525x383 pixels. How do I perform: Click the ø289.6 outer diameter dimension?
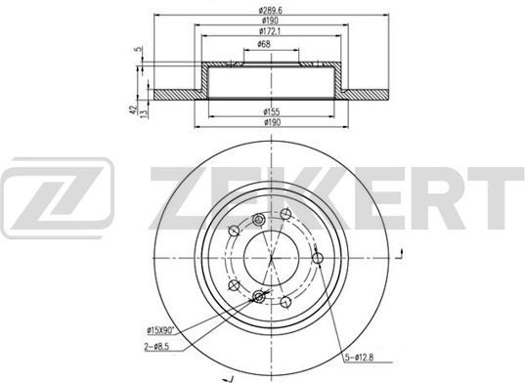point(271,11)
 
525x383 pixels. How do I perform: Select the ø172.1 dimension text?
point(270,31)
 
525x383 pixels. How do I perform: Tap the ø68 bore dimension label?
point(264,44)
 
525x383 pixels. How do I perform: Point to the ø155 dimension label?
point(272,111)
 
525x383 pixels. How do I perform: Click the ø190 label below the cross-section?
point(272,122)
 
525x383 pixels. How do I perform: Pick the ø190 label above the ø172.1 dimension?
point(270,21)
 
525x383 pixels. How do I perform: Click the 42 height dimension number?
point(133,109)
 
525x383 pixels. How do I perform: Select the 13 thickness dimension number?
point(144,113)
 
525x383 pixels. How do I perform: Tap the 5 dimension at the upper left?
point(137,49)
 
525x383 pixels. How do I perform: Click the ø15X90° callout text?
point(161,331)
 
